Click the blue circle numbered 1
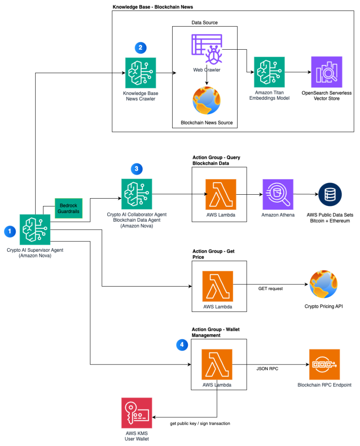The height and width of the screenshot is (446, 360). click(10, 231)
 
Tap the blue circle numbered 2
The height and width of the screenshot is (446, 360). click(140, 48)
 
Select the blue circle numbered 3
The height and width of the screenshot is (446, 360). click(136, 169)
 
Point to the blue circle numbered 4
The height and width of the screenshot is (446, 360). click(182, 345)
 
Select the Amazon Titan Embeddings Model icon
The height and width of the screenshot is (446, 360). click(269, 72)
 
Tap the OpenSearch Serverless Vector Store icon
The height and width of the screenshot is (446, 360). click(326, 72)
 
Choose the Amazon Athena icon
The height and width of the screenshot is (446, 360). click(278, 194)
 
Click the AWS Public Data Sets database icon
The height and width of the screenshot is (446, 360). click(330, 194)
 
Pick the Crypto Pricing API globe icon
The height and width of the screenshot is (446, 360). click(323, 284)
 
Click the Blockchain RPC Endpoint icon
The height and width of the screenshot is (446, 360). click(324, 365)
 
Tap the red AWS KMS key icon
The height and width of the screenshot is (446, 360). click(136, 412)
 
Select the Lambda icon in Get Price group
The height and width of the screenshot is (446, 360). click(217, 286)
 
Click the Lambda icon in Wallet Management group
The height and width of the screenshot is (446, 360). click(217, 365)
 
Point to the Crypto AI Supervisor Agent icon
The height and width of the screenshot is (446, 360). click(35, 229)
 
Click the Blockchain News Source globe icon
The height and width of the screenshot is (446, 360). click(207, 101)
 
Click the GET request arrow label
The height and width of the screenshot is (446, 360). click(271, 289)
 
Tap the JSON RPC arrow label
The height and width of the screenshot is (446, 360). click(268, 368)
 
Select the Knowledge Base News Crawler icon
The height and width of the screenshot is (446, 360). click(140, 72)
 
